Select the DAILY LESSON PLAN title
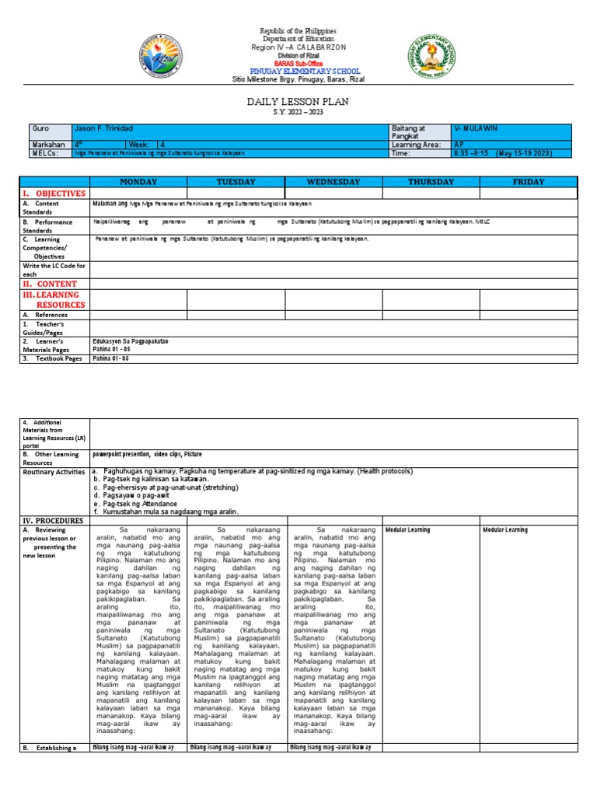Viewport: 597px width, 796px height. [298, 102]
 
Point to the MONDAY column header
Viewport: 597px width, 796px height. [138, 182]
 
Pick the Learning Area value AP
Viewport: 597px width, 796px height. [459, 145]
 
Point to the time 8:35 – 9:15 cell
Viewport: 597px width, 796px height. [502, 153]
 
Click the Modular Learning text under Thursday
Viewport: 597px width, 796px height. [407, 530]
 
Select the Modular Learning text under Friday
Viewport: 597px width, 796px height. [505, 530]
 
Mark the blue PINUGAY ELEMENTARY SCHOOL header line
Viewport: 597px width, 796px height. [298, 71]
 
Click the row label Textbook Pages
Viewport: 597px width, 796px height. [52, 359]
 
